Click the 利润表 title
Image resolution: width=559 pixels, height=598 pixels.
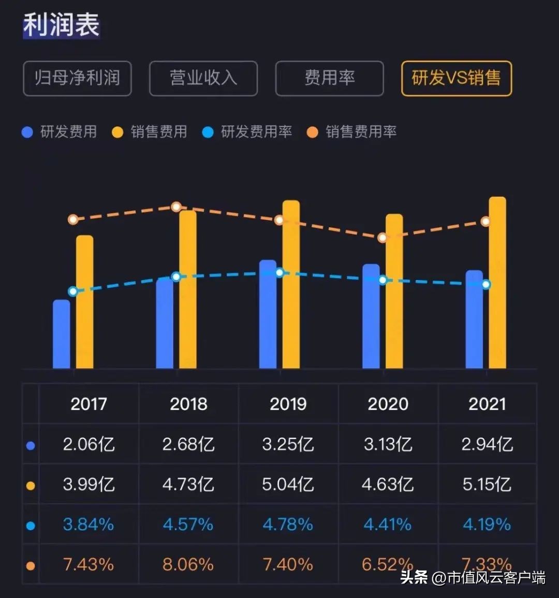(61, 25)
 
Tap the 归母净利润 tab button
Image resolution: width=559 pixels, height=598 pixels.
(77, 78)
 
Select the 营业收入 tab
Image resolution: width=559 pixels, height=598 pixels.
(203, 78)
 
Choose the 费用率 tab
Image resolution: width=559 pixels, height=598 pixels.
(329, 78)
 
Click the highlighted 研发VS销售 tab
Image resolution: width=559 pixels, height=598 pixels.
(456, 78)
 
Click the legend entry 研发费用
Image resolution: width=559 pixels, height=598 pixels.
(60, 132)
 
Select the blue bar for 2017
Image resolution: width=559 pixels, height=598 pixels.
(62, 334)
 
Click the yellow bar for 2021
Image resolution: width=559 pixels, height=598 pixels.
(497, 282)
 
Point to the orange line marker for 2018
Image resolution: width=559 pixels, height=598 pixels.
(176, 207)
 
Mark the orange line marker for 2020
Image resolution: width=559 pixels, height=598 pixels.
(383, 238)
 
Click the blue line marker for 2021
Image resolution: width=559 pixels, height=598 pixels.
(486, 284)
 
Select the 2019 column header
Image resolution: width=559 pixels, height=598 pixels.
(288, 404)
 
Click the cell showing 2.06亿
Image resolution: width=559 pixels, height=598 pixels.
(89, 444)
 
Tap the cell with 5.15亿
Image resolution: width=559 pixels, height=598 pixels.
(487, 485)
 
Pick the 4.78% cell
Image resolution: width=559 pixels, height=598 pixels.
(288, 524)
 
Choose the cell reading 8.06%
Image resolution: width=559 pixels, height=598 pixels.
(188, 564)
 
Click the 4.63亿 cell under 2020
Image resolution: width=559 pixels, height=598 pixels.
(388, 485)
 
